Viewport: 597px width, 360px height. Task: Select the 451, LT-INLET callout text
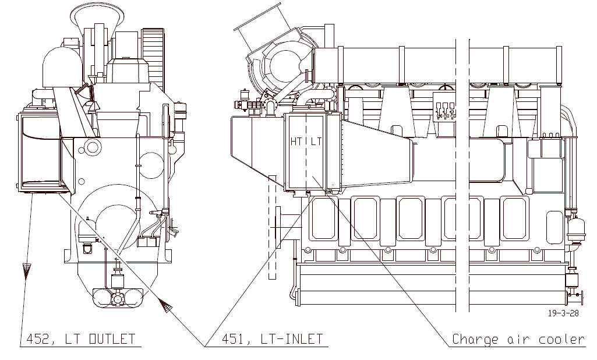point(271,338)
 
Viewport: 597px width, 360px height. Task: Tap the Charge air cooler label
point(518,339)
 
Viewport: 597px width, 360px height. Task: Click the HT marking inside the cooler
point(296,142)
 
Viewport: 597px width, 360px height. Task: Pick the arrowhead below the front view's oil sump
point(166,305)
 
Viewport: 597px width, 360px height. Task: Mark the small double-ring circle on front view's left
point(91,145)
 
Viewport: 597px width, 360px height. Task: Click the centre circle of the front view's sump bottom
point(118,299)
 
